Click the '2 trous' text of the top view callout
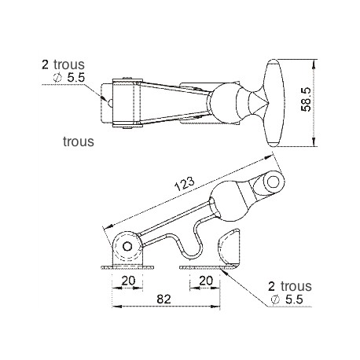(63, 65)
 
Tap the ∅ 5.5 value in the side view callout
(290, 299)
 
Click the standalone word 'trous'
(79, 143)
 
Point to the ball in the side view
(228, 200)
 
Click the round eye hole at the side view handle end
(273, 182)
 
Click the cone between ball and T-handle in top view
(255, 101)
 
